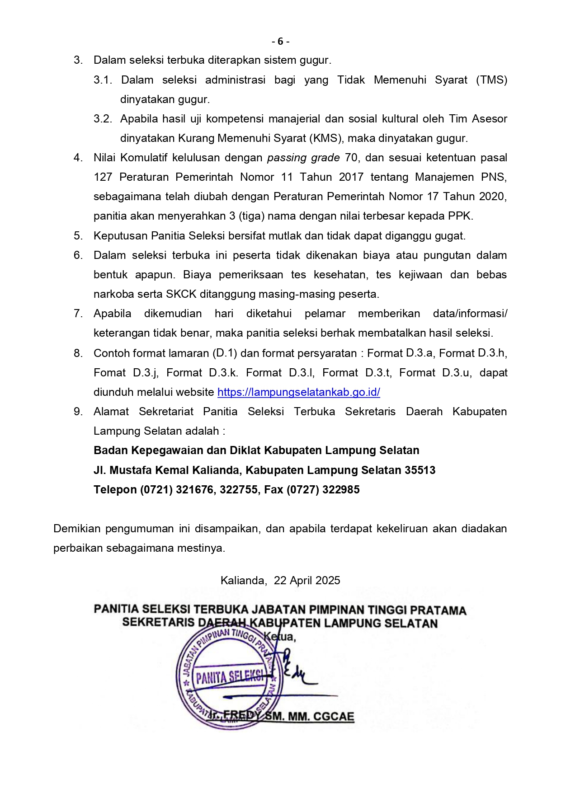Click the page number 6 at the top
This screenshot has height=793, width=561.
coord(280,41)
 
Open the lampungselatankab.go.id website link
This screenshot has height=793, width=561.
coord(298,392)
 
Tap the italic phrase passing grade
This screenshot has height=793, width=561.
coord(303,158)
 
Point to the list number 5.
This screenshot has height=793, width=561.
coord(78,236)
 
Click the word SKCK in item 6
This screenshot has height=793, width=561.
coord(181,294)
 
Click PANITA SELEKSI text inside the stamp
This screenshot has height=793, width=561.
coord(230,677)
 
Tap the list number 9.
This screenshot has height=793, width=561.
coord(78,412)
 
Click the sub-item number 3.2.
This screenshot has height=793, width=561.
coord(103,119)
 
